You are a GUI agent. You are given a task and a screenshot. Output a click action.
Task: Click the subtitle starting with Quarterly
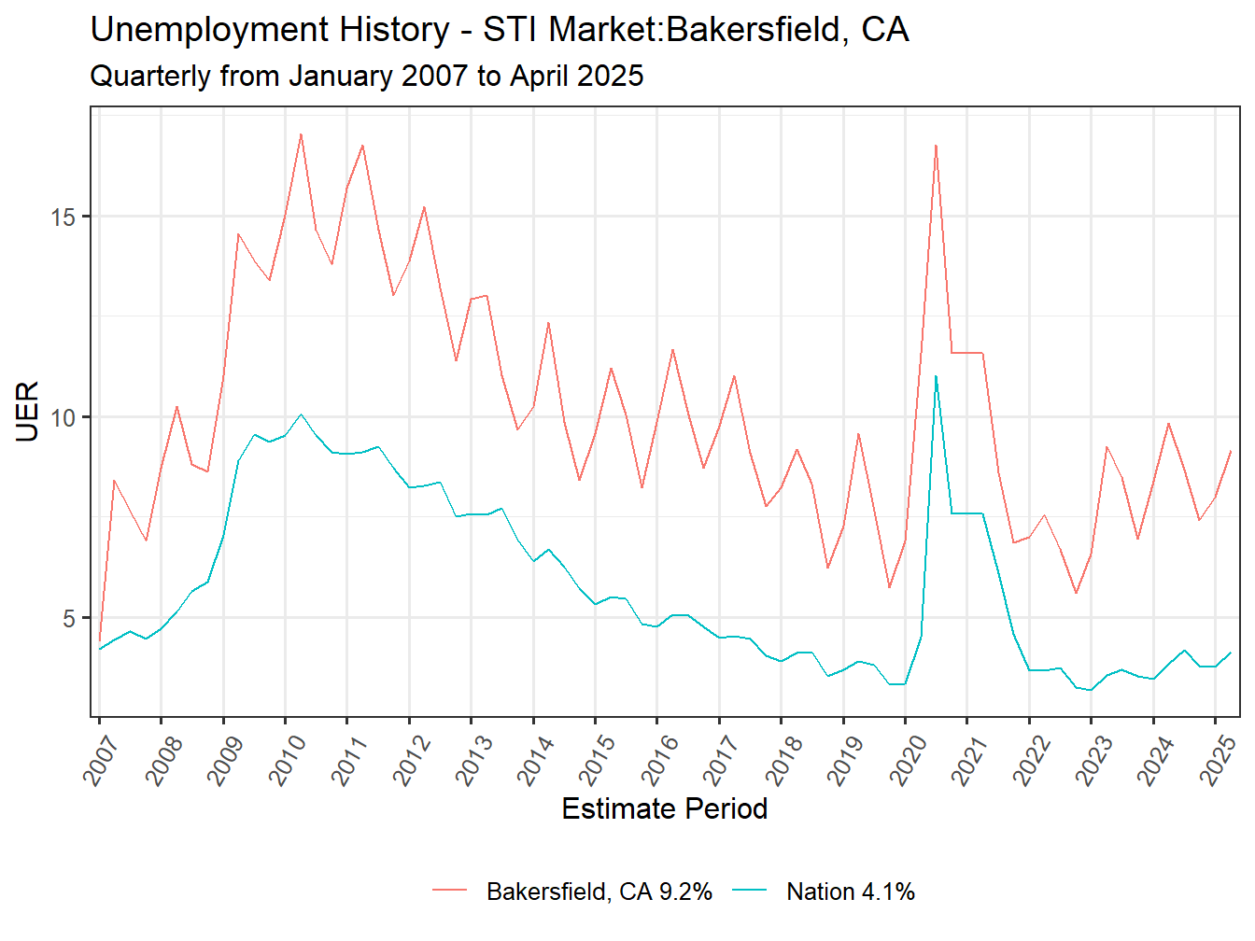(x=366, y=76)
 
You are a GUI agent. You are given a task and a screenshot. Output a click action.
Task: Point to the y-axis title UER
(x=27, y=411)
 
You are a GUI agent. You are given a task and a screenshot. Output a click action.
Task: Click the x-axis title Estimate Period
(x=664, y=808)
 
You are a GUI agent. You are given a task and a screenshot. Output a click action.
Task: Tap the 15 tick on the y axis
(x=63, y=217)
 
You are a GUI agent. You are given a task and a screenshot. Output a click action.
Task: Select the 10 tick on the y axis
(x=63, y=417)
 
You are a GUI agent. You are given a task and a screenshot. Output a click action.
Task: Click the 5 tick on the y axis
(x=69, y=618)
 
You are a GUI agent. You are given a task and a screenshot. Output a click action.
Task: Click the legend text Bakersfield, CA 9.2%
(x=599, y=892)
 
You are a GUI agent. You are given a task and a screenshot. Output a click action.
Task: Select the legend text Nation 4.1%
(x=850, y=892)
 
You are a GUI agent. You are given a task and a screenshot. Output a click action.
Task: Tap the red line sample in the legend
(x=449, y=892)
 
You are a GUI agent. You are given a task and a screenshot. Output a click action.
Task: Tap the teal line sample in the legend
(x=749, y=892)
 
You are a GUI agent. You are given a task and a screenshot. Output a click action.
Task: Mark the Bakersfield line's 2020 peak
(x=936, y=146)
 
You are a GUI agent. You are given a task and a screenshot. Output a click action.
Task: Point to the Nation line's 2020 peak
(x=936, y=376)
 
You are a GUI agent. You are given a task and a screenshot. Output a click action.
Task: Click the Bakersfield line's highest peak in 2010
(x=301, y=134)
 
